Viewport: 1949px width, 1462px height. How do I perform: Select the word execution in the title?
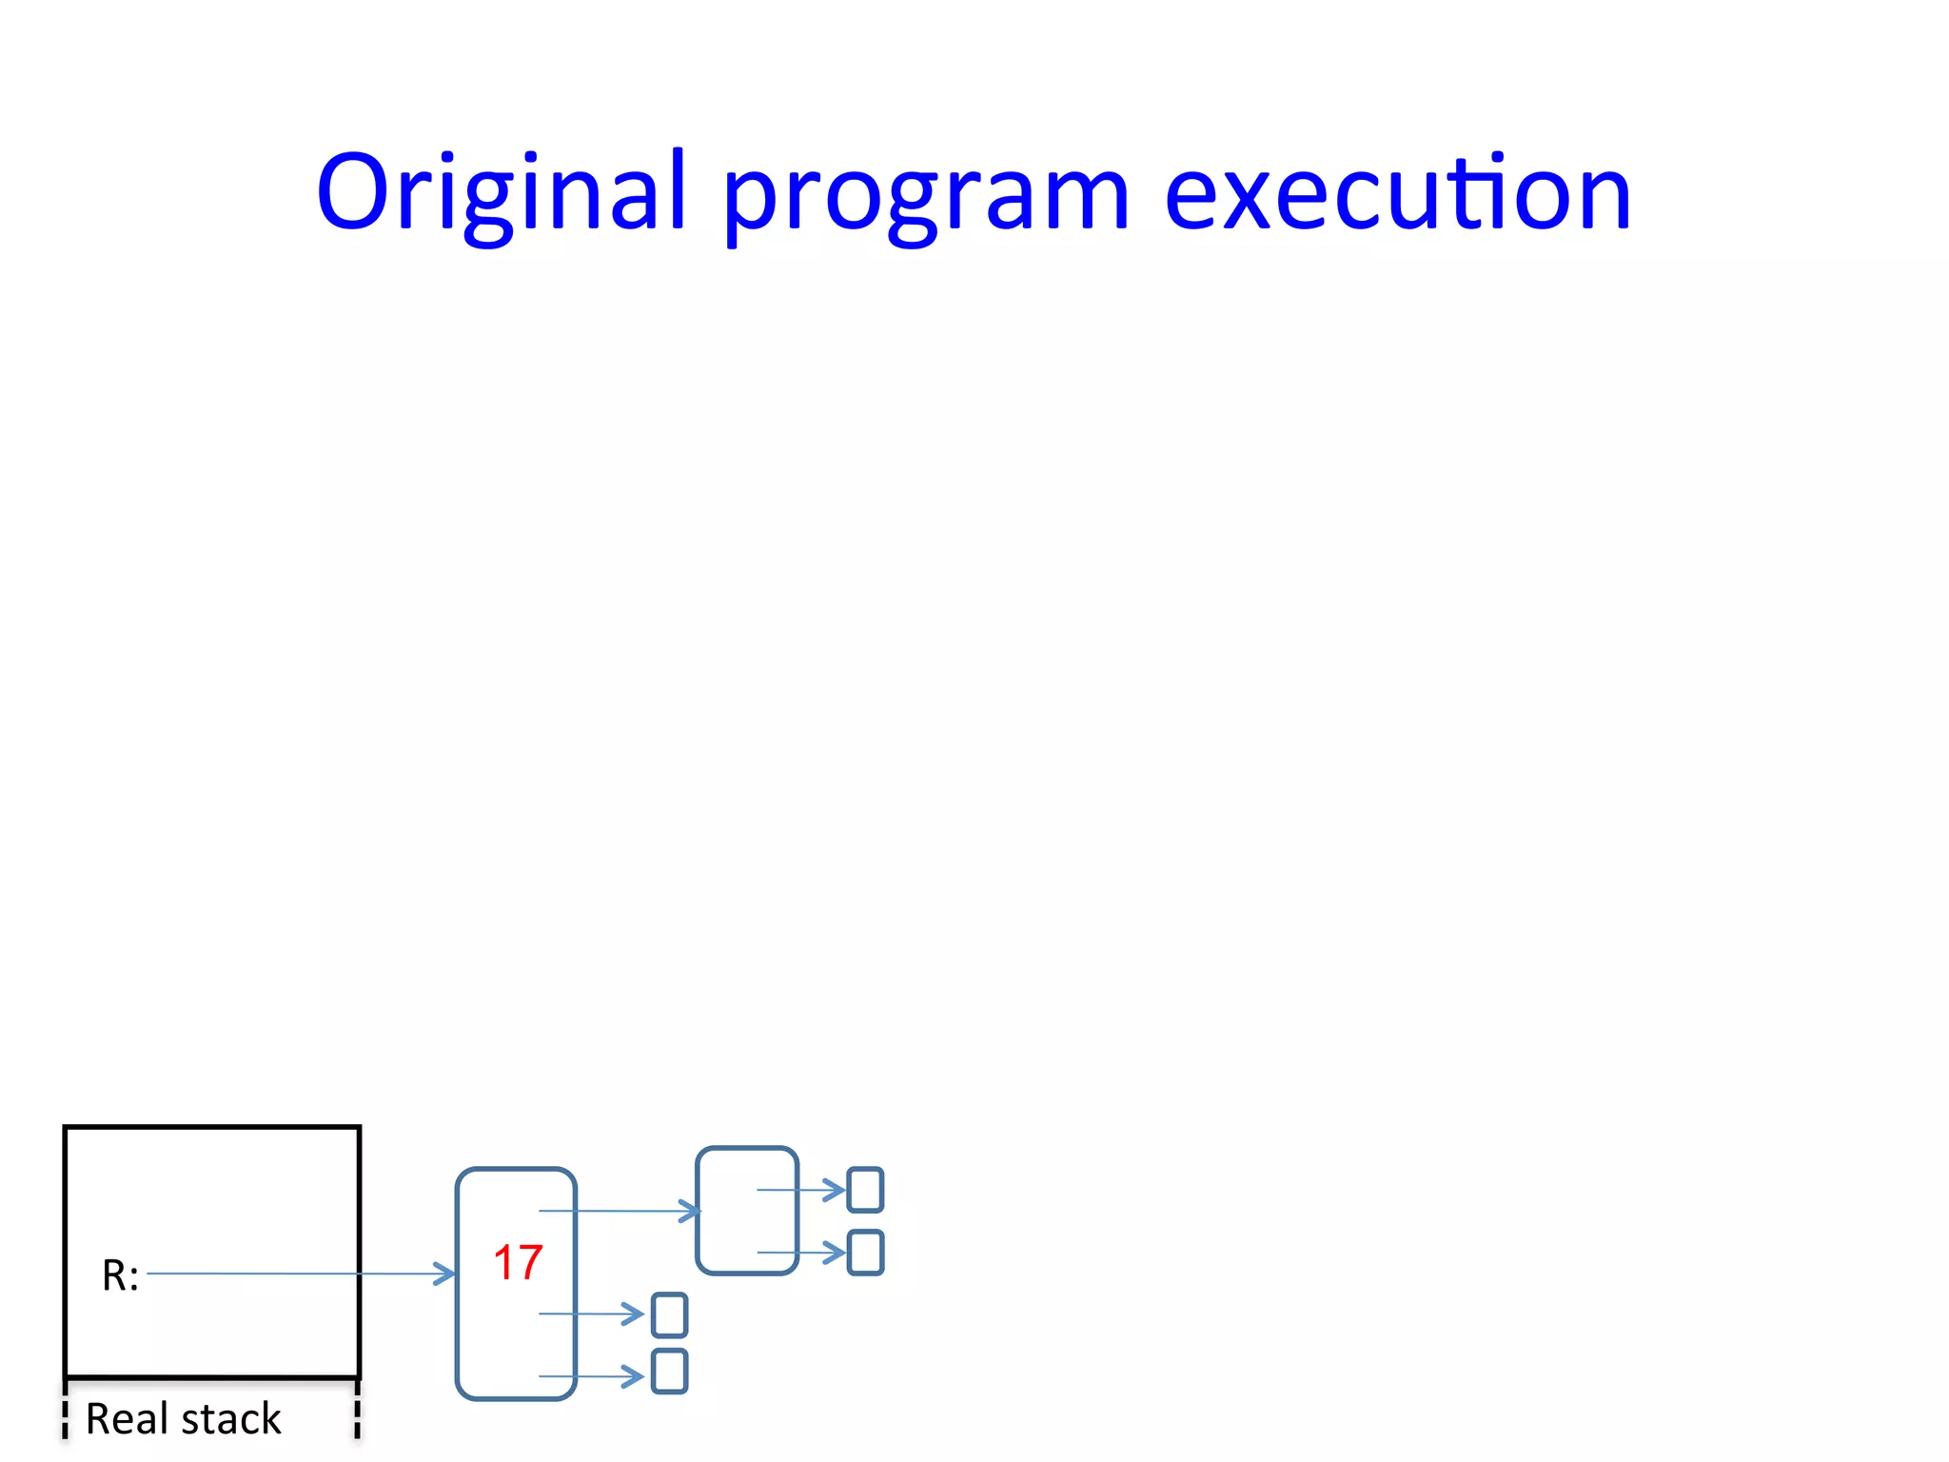[1397, 193]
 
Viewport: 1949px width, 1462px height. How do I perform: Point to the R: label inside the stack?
[121, 1275]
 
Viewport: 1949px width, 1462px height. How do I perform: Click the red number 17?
[518, 1263]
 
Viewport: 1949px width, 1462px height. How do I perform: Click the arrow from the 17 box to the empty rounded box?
[619, 1211]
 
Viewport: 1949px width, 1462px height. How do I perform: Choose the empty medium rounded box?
[747, 1211]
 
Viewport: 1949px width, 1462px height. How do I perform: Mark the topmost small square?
[865, 1190]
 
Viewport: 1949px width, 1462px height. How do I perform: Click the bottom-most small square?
[669, 1372]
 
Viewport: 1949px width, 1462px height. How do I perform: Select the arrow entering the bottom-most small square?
[591, 1376]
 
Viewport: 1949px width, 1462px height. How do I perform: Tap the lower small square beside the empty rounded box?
[865, 1253]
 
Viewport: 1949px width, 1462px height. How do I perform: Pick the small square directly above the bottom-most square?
[669, 1315]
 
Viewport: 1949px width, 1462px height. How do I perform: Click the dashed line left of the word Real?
[65, 1411]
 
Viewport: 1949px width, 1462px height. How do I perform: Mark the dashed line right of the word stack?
[357, 1411]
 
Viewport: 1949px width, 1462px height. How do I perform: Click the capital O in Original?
[353, 193]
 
